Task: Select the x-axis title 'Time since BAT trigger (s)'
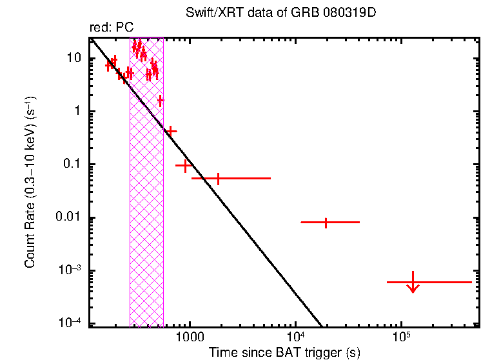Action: coord(284,352)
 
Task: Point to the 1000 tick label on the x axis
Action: coord(190,337)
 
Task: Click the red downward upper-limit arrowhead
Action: coord(413,288)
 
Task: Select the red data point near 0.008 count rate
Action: coord(326,223)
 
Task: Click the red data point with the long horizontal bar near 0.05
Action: coord(218,178)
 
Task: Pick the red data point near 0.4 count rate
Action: coord(171,131)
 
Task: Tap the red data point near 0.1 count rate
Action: coord(186,166)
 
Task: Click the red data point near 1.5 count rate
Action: coord(161,101)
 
